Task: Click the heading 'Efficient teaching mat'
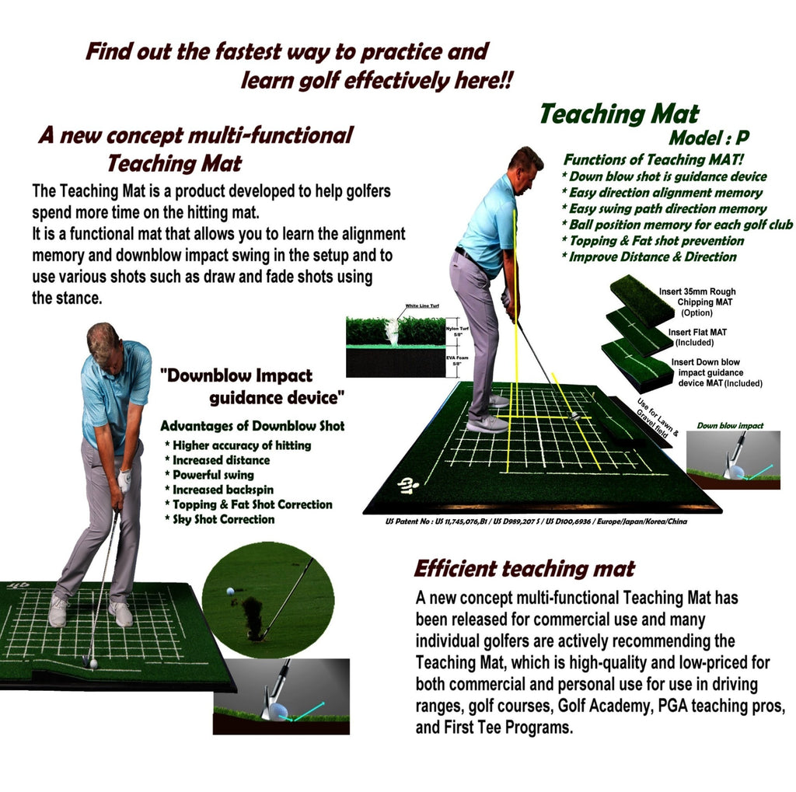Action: (x=524, y=568)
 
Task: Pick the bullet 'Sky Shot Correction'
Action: (x=223, y=519)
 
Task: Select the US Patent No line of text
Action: (x=535, y=522)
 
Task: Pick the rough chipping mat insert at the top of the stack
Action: (x=641, y=298)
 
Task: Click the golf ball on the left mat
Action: (x=93, y=664)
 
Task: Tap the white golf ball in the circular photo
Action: (x=230, y=591)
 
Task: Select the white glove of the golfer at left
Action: (x=124, y=481)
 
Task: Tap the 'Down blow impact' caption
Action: (x=730, y=426)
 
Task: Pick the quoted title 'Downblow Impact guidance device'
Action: (x=251, y=386)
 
